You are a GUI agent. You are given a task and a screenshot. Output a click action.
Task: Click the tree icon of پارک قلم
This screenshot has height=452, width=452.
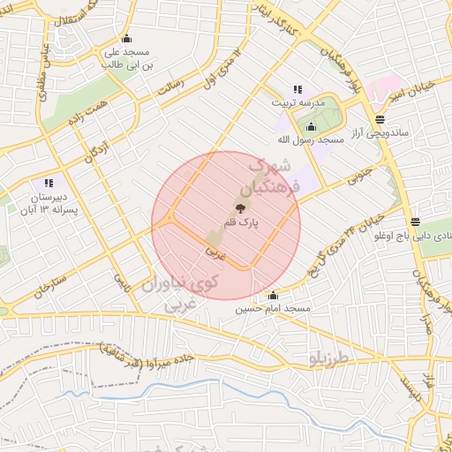(x=239, y=209)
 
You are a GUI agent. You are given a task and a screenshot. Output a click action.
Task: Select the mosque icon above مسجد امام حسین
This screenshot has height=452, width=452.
(x=273, y=296)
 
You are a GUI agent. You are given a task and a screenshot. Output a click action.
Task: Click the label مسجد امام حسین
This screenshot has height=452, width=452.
(x=270, y=310)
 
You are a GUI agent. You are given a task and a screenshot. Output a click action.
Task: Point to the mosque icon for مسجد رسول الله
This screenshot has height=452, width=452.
(x=310, y=127)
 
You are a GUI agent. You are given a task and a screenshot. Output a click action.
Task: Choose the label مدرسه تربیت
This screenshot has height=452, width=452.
(x=296, y=103)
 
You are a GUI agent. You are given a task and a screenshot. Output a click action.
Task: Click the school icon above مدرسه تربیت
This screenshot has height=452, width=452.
(x=298, y=89)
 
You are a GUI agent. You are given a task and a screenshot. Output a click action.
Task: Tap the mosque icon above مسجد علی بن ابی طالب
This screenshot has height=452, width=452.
(x=127, y=38)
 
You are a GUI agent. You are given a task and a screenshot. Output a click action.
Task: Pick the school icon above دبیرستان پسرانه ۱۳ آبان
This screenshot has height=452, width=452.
(x=50, y=182)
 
